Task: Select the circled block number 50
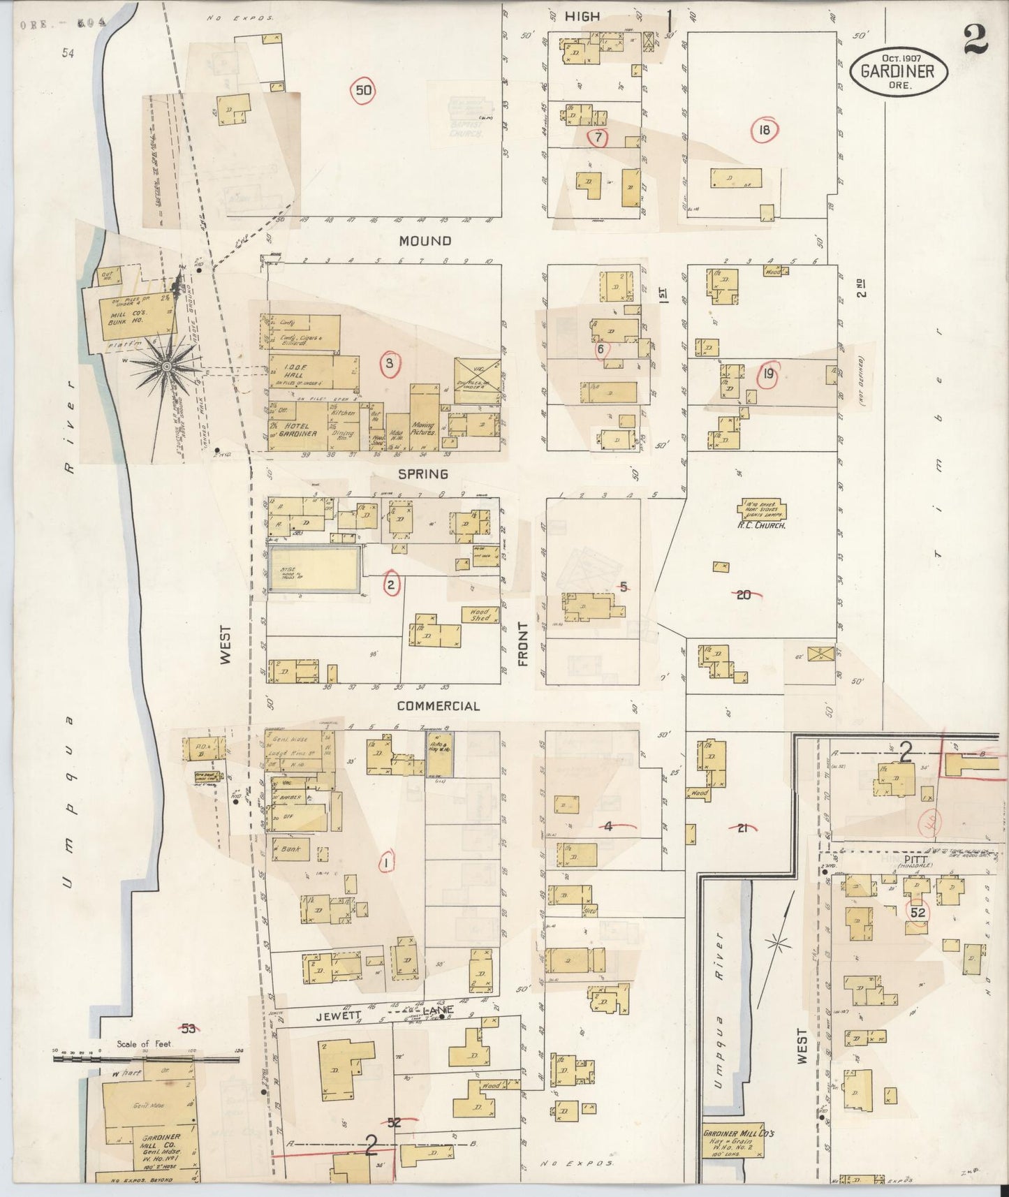[x=363, y=90]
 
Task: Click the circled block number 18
[x=765, y=129]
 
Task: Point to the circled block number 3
[x=389, y=362]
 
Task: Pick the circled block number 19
[x=767, y=375]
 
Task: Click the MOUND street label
[x=425, y=241]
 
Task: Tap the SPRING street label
[x=422, y=473]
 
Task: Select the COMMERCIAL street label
[x=438, y=706]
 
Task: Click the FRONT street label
[x=523, y=645]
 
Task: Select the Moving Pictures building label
[x=423, y=429]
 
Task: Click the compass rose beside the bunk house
[x=168, y=366]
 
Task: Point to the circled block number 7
[x=598, y=138]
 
